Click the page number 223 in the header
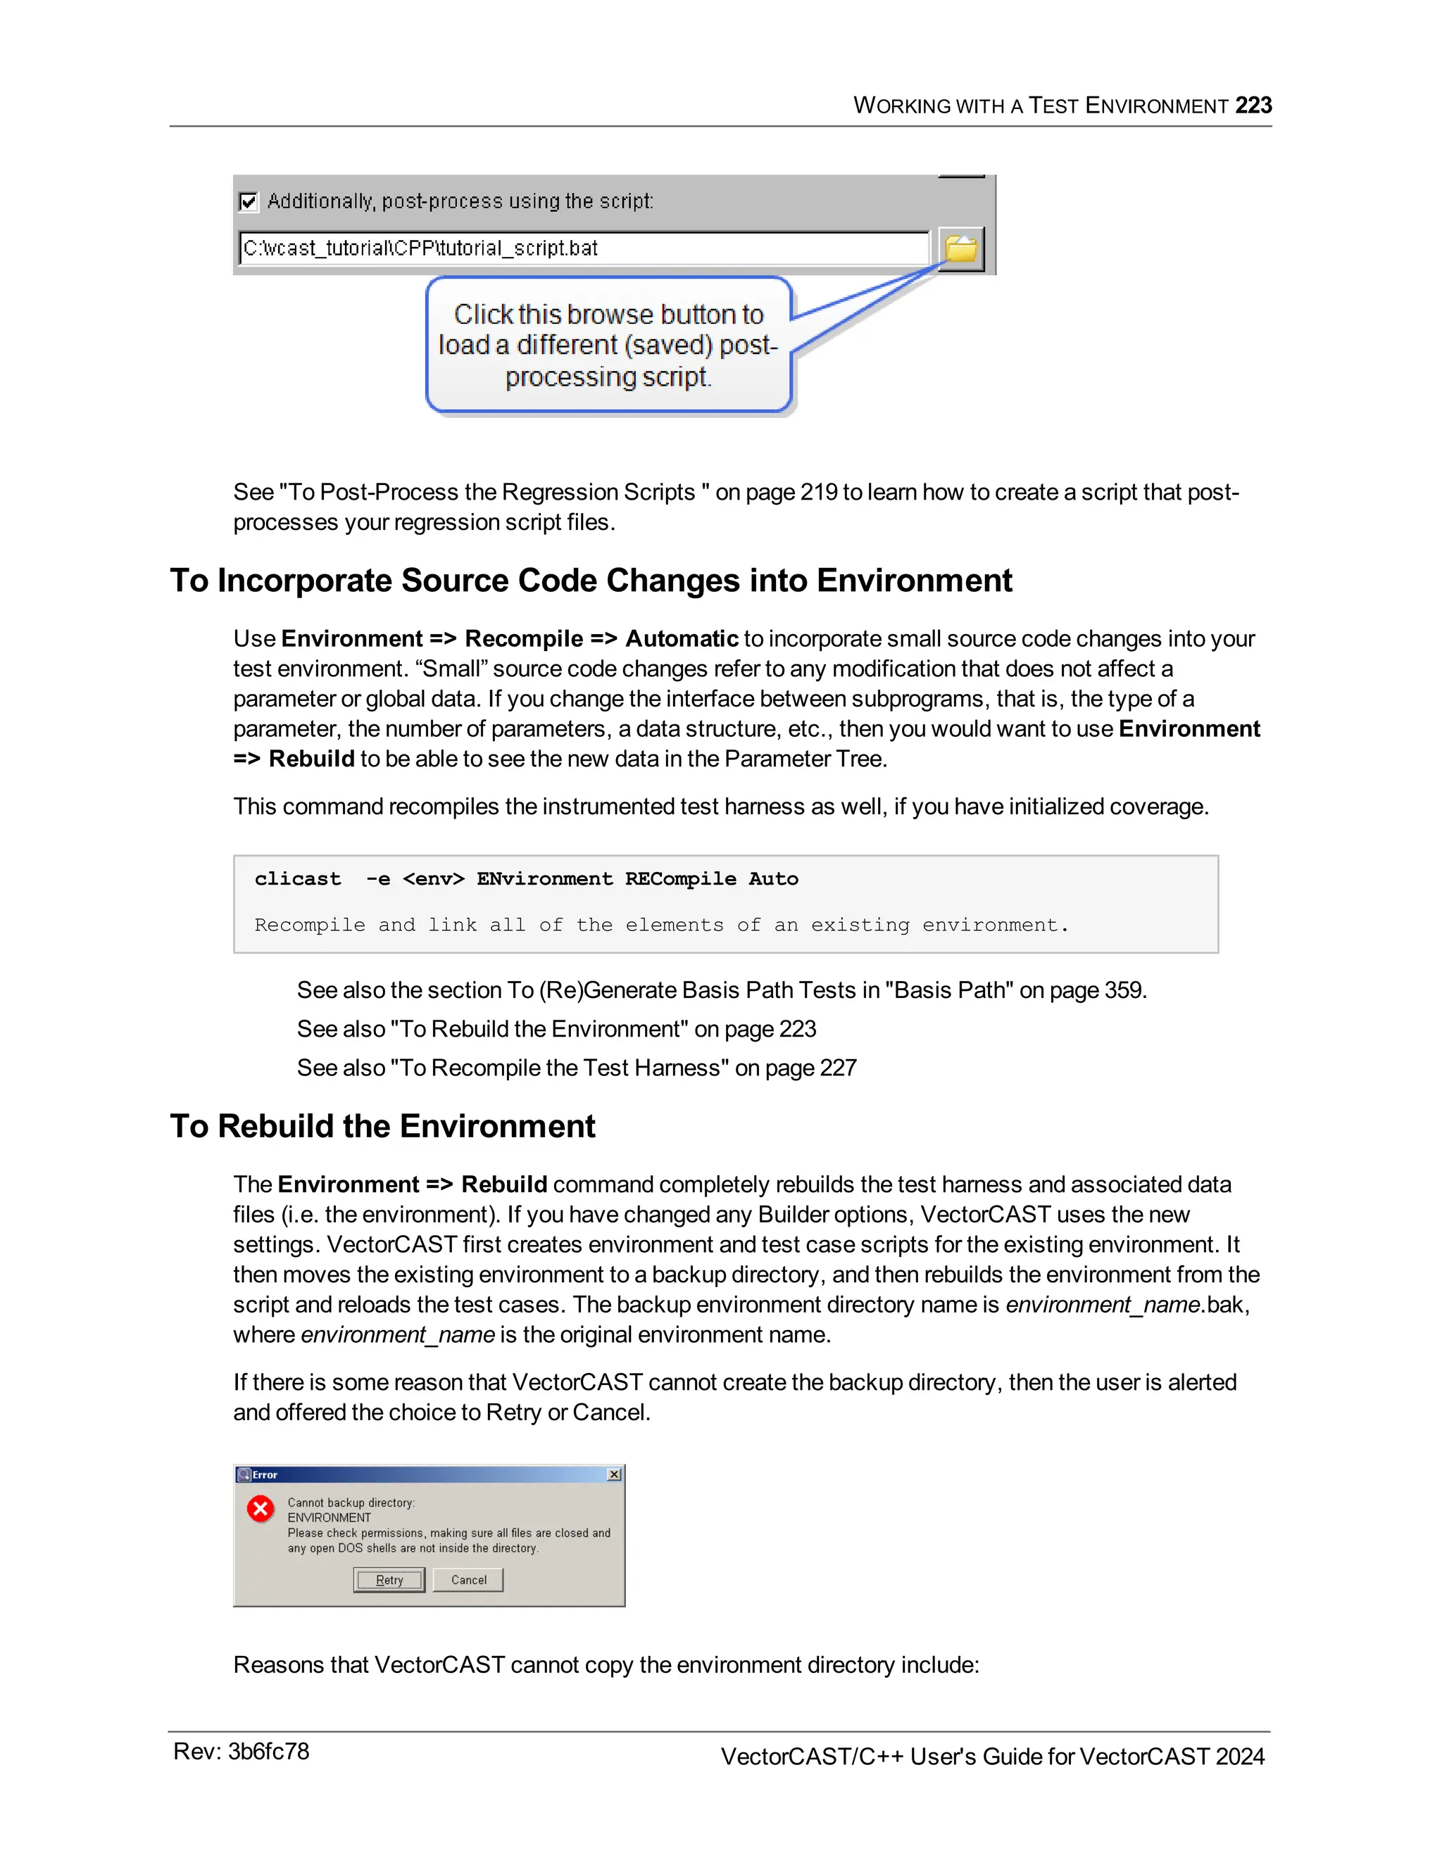pyautogui.click(x=1253, y=105)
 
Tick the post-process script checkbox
pyautogui.click(x=249, y=201)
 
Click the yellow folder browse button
pyautogui.click(x=961, y=248)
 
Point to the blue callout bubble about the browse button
pyautogui.click(x=608, y=345)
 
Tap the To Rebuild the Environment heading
pyautogui.click(x=383, y=1126)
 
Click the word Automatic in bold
pyautogui.click(x=682, y=639)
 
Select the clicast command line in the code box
pyautogui.click(x=526, y=879)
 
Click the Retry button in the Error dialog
pyautogui.click(x=389, y=1580)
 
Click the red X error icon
pyautogui.click(x=261, y=1509)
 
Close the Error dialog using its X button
pyautogui.click(x=614, y=1474)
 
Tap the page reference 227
pyautogui.click(x=838, y=1068)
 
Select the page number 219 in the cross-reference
pyautogui.click(x=818, y=492)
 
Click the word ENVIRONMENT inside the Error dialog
pyautogui.click(x=329, y=1517)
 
